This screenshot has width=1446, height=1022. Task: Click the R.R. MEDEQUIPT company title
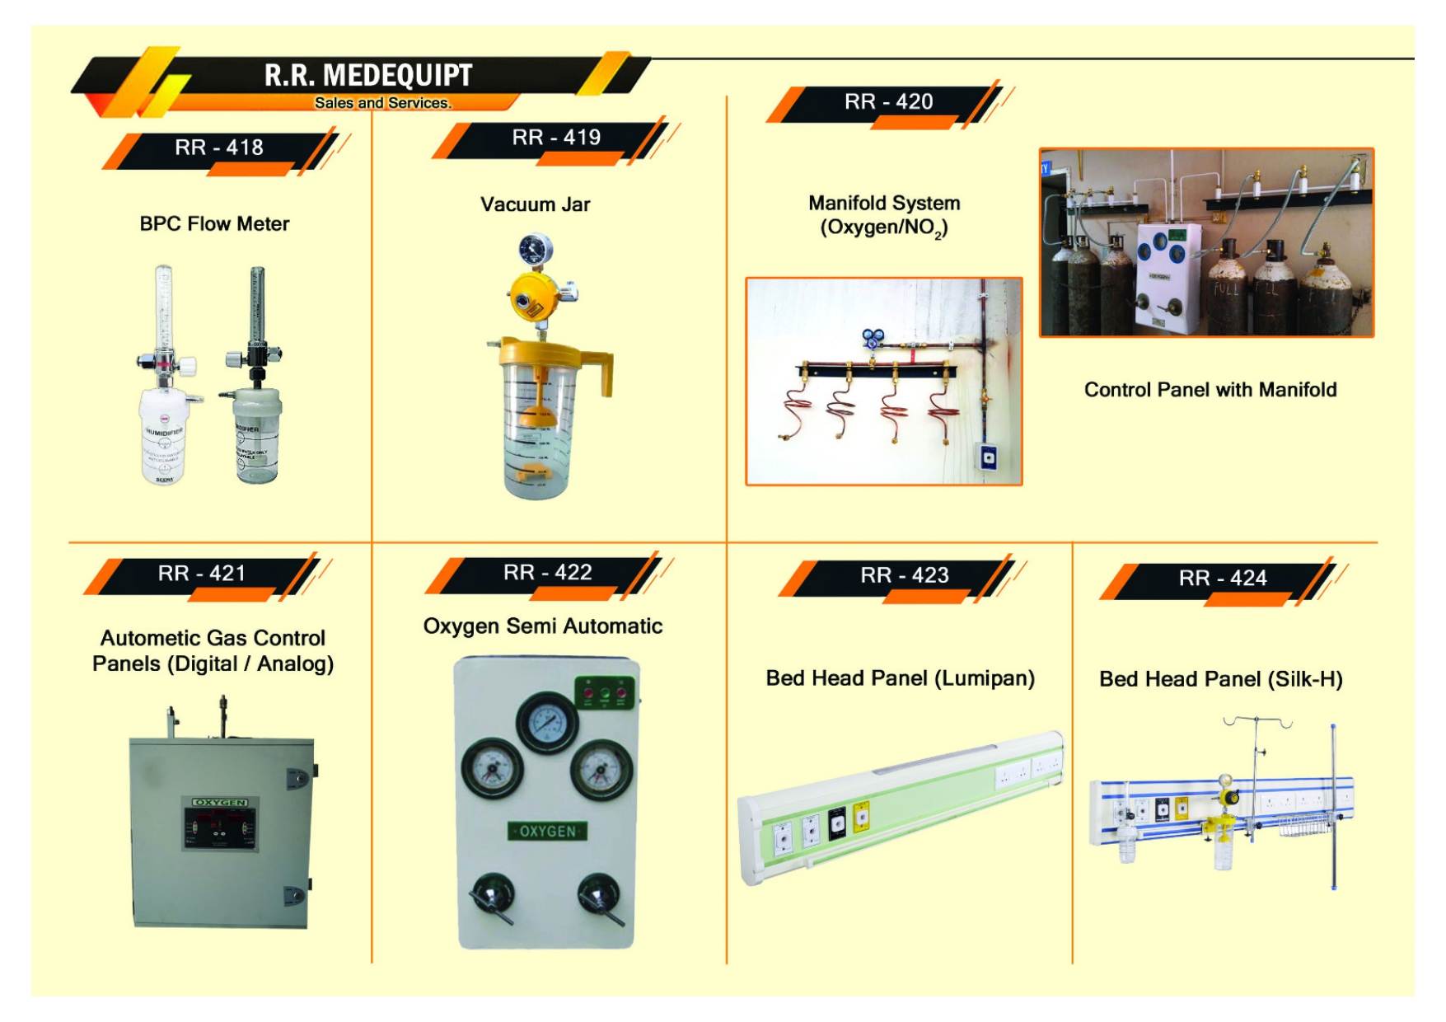tap(367, 75)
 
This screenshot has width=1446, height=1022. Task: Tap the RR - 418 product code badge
tap(219, 148)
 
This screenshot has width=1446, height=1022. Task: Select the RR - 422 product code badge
tap(548, 573)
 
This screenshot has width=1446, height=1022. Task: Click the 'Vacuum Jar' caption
tap(535, 204)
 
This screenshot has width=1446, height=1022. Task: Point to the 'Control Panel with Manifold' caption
tap(1210, 390)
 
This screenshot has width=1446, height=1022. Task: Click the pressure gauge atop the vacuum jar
tap(536, 248)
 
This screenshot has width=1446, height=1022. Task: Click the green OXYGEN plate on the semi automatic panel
tap(548, 831)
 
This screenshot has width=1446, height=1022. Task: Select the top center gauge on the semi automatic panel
tap(547, 723)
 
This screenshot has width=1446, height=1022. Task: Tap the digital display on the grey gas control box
tap(220, 827)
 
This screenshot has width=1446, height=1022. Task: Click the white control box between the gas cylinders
tap(1168, 276)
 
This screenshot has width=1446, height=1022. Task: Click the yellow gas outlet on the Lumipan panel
tap(861, 817)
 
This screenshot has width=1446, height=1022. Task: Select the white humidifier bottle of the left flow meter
tap(163, 437)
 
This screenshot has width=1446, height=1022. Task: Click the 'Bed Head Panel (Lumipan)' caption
tap(900, 678)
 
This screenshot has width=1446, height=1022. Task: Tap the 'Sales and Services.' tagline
tap(382, 103)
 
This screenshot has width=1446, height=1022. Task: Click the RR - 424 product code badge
tap(1222, 579)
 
